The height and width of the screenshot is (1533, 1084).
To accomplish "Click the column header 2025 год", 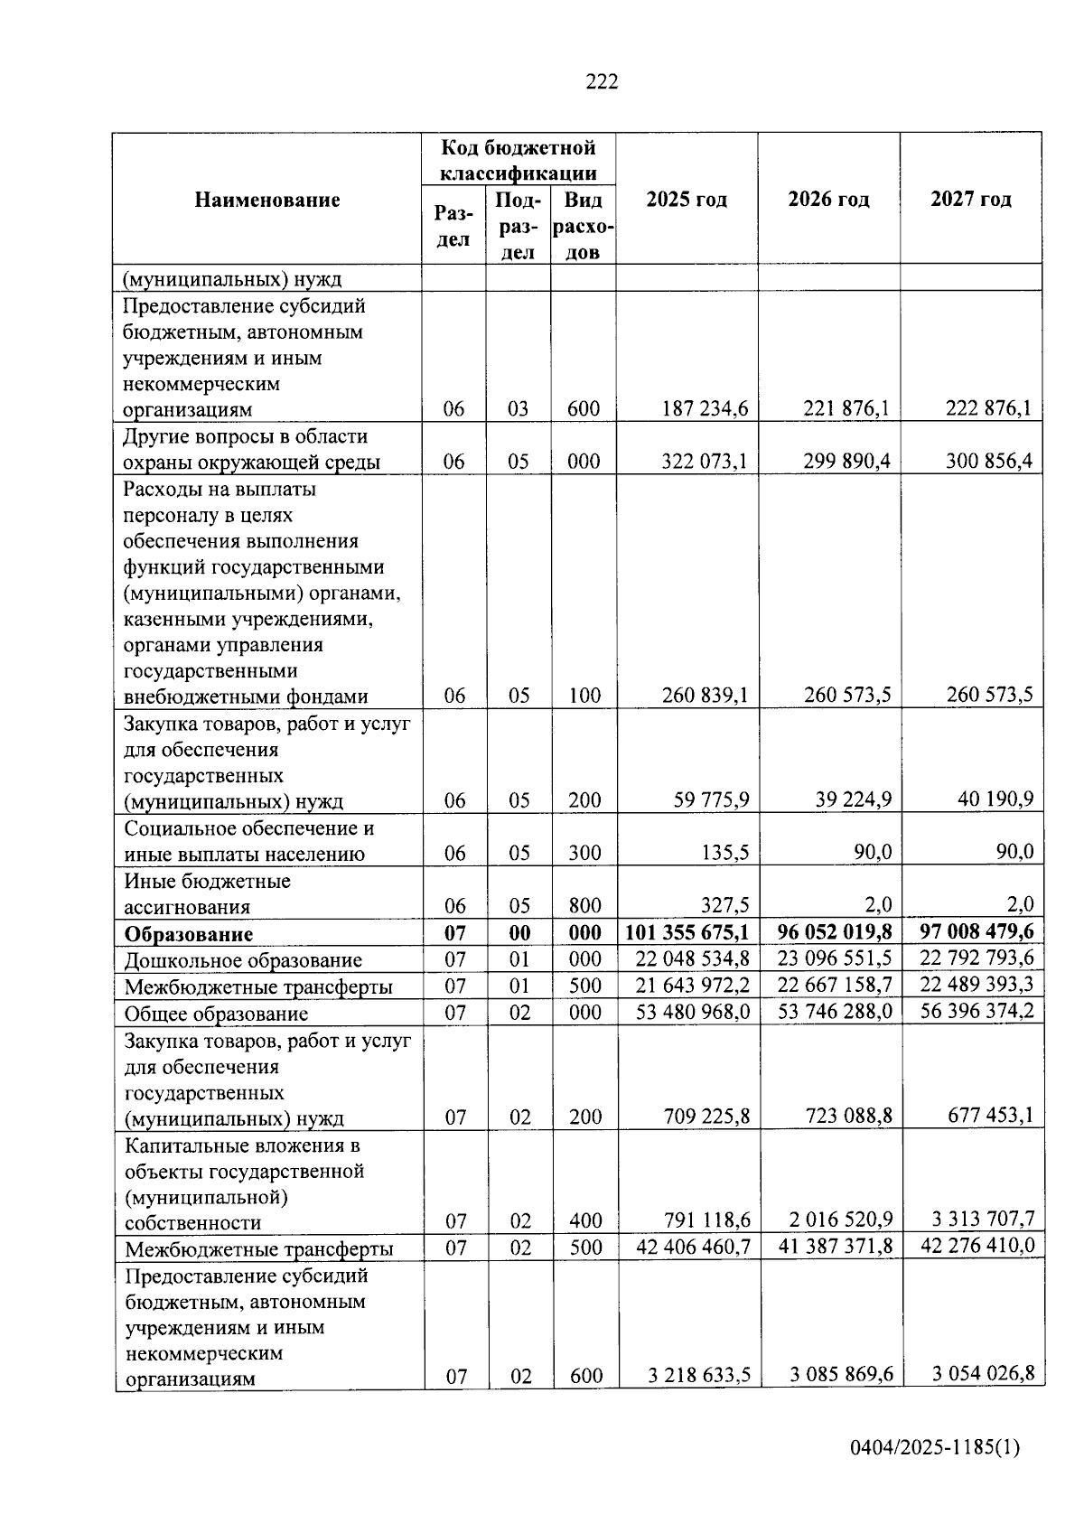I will pos(687,200).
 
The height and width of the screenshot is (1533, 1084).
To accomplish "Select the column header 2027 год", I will pos(971,200).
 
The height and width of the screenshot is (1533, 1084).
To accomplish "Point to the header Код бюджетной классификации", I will pos(518,160).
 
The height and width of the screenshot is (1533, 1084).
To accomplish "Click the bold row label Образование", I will pos(189,934).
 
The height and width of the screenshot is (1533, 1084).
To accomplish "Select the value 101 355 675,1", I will pos(687,932).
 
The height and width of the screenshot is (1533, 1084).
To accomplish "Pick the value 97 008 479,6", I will pos(977,930).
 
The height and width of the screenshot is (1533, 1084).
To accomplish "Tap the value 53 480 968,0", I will pos(693,1012).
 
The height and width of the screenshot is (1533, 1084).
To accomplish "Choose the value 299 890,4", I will pos(846,462).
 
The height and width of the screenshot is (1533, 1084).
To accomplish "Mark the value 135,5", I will pos(725,853).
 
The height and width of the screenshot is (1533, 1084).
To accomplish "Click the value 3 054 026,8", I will pos(983,1374).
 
